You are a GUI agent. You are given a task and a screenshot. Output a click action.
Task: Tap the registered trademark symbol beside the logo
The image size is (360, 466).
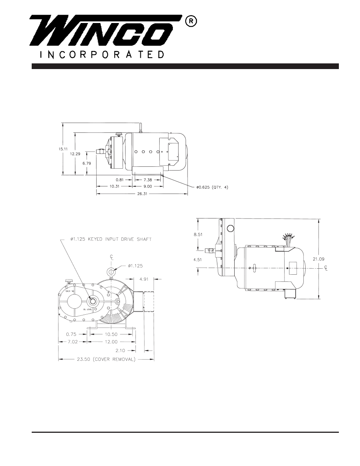tap(191, 22)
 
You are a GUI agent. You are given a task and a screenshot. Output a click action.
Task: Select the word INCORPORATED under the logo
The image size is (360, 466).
tap(102, 54)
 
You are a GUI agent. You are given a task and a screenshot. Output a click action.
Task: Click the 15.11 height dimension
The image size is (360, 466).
tap(63, 149)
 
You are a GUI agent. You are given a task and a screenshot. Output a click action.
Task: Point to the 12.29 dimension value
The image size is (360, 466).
tap(75, 154)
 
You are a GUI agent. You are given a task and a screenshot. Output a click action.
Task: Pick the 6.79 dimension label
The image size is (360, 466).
tap(87, 163)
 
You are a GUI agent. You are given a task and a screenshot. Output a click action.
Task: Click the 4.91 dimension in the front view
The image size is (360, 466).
tap(145, 279)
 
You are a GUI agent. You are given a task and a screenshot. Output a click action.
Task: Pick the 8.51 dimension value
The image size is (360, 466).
tap(198, 234)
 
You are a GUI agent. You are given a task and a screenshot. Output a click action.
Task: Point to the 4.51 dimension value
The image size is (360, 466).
tap(198, 259)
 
